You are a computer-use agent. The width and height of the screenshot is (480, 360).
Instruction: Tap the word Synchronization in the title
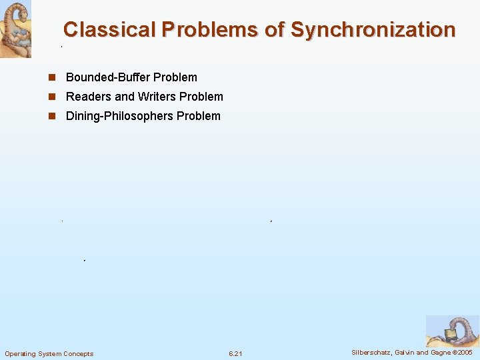coord(373,30)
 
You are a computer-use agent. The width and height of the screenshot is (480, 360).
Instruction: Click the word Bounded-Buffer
coord(107,77)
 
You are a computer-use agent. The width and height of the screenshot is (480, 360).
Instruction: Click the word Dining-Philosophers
coord(119,116)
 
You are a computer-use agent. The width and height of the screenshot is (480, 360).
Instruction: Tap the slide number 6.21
coord(235,353)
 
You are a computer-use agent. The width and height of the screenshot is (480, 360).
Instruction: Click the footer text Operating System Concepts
coord(49,353)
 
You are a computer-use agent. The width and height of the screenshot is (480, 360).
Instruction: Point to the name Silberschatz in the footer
coord(373,352)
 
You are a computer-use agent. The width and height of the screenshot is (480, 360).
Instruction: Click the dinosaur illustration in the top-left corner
coord(15,29)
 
